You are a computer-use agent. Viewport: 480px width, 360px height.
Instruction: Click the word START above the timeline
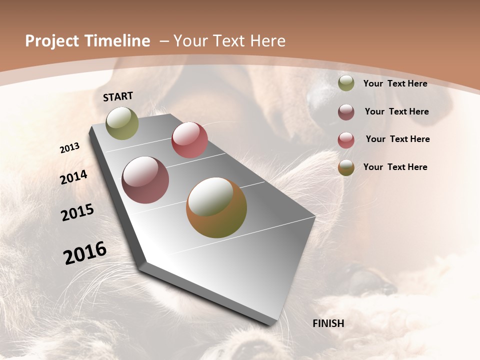point(118,96)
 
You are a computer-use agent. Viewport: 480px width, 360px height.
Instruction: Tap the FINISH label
point(328,323)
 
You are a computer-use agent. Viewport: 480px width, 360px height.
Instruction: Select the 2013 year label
point(69,148)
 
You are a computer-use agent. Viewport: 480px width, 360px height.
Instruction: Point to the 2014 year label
point(73,177)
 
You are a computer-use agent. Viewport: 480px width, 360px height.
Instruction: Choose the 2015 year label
point(77,212)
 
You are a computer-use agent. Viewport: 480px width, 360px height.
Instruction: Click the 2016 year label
point(85,253)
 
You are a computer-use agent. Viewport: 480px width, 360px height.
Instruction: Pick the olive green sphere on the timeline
point(122,123)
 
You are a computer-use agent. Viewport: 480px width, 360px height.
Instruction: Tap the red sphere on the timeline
point(189,140)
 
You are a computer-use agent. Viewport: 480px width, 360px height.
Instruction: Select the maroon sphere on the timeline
point(145,180)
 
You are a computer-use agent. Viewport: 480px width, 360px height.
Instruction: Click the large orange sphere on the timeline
point(216,207)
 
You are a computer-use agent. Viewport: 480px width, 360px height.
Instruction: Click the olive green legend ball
point(346,83)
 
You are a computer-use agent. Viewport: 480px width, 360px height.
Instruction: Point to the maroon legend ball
point(346,112)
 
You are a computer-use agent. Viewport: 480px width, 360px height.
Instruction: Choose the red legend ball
point(346,140)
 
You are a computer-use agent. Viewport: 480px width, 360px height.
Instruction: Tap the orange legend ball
point(346,167)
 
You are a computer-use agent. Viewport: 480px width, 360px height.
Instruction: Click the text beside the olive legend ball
point(395,83)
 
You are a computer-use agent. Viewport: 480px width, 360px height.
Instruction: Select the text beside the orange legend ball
point(395,167)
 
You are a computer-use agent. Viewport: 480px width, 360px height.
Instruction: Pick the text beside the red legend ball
point(397,139)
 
